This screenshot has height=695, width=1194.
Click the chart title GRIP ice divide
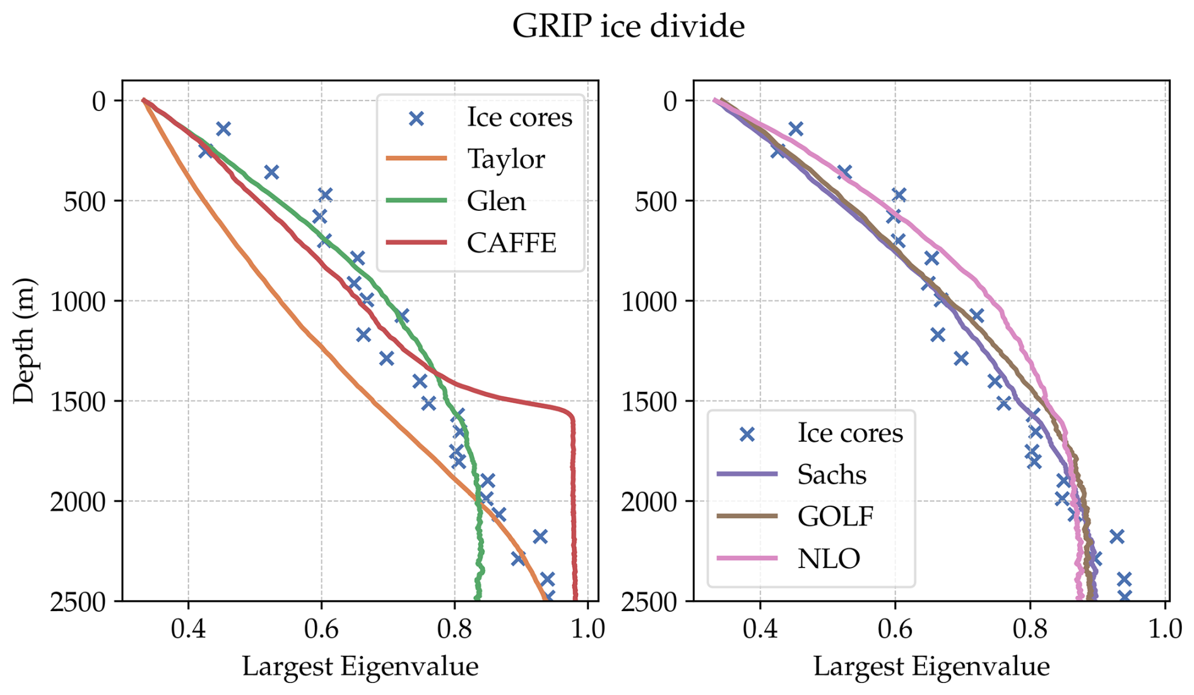(x=628, y=27)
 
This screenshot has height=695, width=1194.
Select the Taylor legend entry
(x=505, y=159)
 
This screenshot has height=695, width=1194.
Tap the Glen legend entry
(x=496, y=201)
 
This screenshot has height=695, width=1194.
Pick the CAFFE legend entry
(x=511, y=243)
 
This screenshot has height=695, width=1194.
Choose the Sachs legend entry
(x=831, y=475)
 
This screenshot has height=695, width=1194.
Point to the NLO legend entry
(x=829, y=559)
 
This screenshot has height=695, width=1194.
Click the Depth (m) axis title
(x=24, y=340)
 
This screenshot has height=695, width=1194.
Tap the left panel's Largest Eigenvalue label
(x=360, y=667)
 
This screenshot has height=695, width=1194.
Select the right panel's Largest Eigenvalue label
(x=931, y=667)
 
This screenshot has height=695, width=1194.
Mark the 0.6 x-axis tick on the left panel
(x=321, y=629)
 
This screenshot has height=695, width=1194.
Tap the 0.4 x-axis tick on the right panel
(x=760, y=629)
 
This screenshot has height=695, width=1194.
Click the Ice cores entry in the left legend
(x=519, y=117)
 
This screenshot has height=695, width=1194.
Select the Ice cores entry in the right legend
(x=849, y=434)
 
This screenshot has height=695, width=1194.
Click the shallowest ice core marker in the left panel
(x=223, y=129)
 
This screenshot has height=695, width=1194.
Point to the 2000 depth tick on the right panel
(x=649, y=502)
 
